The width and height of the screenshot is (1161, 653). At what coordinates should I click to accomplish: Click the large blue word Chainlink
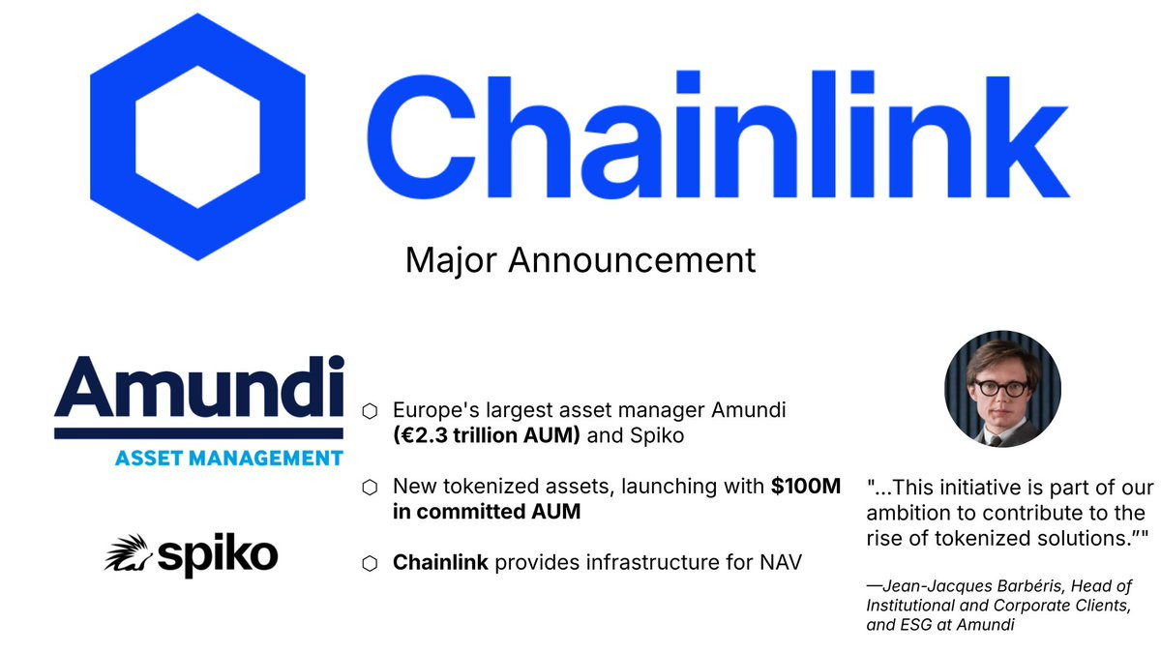pos(718,134)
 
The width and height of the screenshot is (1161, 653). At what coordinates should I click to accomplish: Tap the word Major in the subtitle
pos(451,260)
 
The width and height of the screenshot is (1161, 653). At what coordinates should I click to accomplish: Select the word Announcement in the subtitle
pos(632,260)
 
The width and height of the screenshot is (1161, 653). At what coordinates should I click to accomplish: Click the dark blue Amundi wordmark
pos(199,387)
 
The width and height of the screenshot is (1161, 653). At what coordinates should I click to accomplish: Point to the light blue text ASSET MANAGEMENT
pos(228,459)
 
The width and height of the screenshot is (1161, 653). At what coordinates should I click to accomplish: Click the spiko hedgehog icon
pos(128,553)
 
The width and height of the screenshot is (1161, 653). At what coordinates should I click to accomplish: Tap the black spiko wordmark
pos(218,555)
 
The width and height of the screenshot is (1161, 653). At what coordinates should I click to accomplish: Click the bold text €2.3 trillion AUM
pos(487,436)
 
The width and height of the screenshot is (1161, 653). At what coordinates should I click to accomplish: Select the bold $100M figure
pos(805,486)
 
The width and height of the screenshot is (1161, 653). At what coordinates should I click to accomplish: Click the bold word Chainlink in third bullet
pos(440,562)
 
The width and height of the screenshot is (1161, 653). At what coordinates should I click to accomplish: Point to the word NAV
pos(781,562)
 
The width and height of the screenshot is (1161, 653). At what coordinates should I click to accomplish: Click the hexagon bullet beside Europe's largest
pos(370,411)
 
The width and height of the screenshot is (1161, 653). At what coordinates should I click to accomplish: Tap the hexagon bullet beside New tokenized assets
pos(370,488)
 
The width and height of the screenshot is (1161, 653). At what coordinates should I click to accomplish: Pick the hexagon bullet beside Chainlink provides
pos(370,564)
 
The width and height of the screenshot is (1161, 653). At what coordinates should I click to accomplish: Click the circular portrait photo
pos(1002,389)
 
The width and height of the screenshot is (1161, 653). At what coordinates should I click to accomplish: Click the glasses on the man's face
pos(1000,388)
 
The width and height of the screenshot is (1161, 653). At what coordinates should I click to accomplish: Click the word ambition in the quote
pos(908,513)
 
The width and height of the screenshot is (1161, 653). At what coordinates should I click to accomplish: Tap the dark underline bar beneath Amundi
pos(198,433)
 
